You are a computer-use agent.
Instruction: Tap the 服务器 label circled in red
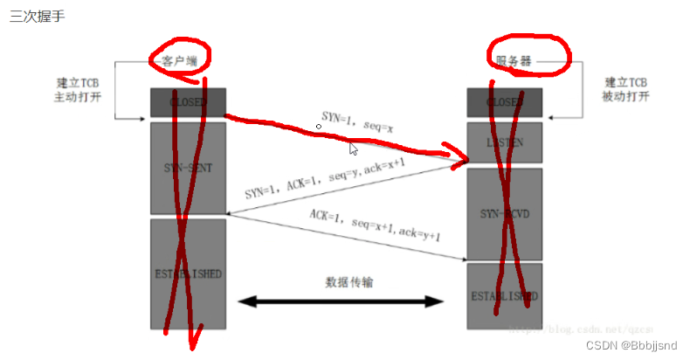(508, 60)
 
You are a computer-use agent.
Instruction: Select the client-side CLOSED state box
(187, 102)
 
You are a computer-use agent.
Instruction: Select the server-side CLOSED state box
(504, 102)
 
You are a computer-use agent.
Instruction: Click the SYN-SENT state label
(187, 168)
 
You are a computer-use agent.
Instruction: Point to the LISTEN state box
(504, 142)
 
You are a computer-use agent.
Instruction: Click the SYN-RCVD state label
(504, 213)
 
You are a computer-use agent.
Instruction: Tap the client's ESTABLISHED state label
(187, 273)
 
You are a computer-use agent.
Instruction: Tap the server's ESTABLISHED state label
(504, 295)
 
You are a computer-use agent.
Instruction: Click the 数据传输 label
(343, 282)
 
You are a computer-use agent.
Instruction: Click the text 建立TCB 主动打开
(77, 90)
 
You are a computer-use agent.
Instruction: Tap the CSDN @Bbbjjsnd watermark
(632, 345)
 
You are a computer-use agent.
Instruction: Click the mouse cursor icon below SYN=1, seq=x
(353, 149)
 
